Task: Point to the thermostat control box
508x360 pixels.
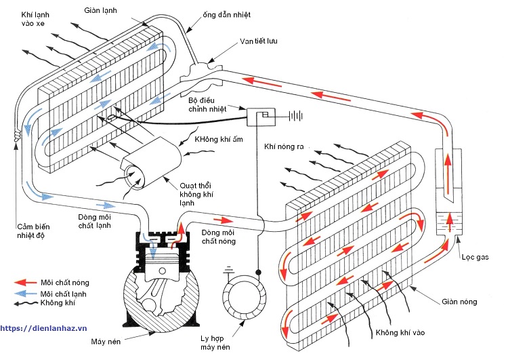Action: pyautogui.click(x=261, y=117)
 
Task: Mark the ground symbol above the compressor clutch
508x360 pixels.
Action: pyautogui.click(x=229, y=268)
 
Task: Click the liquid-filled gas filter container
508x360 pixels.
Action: pyautogui.click(x=447, y=222)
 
